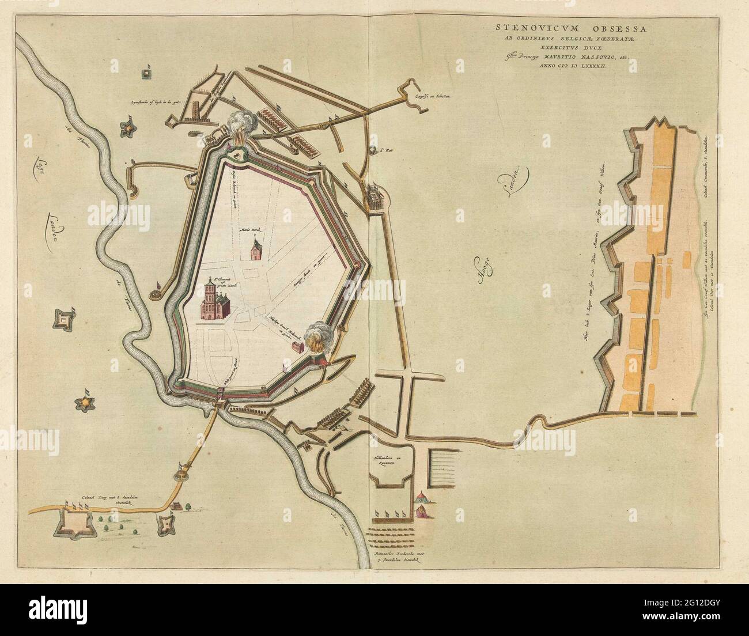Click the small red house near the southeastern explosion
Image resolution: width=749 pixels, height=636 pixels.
click(297, 348)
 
